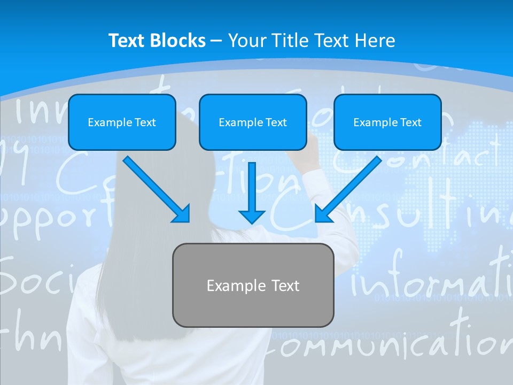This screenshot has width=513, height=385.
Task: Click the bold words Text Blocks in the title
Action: [157, 41]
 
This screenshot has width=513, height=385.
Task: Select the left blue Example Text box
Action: [122, 122]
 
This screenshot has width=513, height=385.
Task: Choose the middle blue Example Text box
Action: [253, 122]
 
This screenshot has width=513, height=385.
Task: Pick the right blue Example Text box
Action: [387, 122]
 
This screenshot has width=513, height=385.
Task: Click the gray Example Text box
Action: [253, 285]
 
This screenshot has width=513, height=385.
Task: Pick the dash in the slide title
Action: [216, 41]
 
